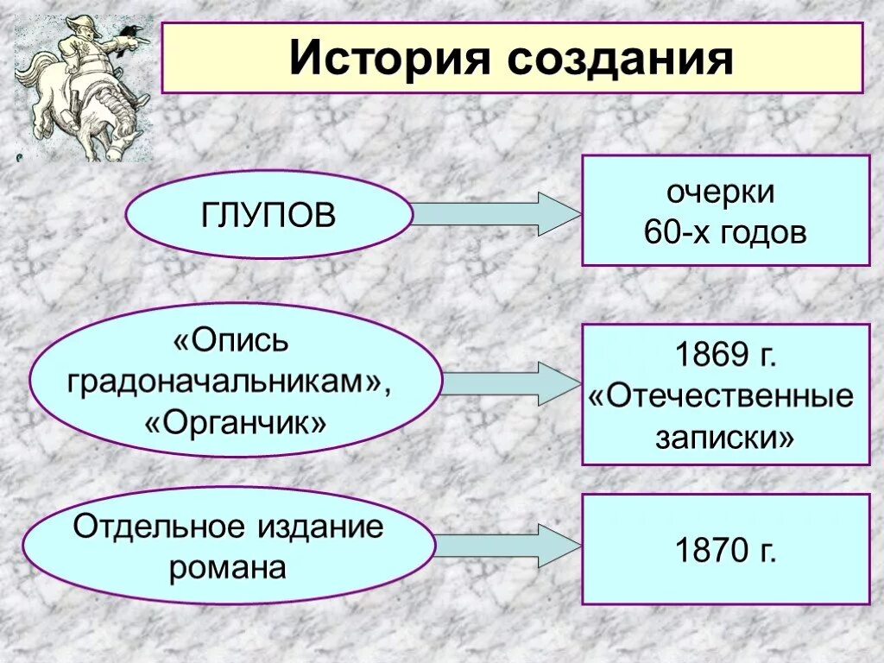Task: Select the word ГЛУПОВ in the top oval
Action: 269,214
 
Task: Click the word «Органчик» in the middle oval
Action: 236,423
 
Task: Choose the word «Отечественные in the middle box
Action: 722,396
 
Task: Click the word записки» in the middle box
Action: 725,438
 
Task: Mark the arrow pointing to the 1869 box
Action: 509,383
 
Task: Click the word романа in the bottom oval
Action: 228,568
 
